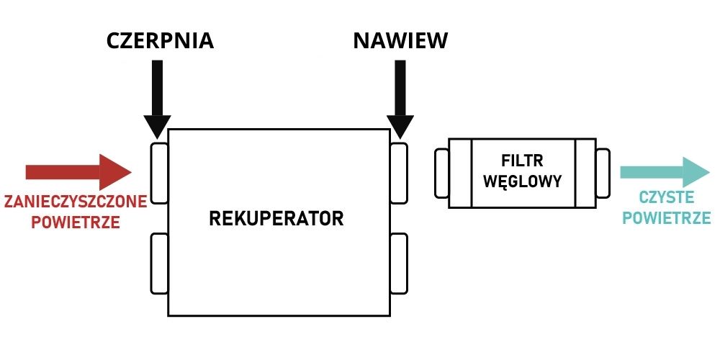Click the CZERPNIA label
[x=160, y=40]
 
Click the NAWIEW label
[x=400, y=40]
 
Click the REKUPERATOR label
[x=276, y=218]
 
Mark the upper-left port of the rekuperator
[x=159, y=173]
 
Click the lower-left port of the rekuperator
[x=159, y=263]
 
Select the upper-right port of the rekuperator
[x=399, y=173]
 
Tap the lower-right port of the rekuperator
[x=399, y=263]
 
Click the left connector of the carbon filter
[x=441, y=173]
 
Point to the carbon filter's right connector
[x=603, y=173]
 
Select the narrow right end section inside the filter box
[x=585, y=173]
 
